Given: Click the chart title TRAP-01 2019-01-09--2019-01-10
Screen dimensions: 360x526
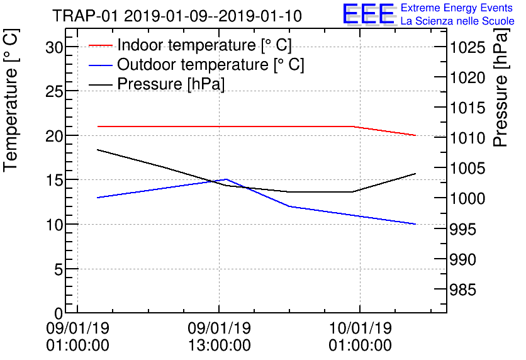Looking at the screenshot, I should (x=177, y=16).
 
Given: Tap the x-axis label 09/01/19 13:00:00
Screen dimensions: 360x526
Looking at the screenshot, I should (x=219, y=337).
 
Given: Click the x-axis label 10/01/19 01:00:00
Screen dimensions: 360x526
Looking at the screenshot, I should (x=360, y=337).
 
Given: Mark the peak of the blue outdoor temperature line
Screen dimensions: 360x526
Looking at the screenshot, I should (x=227, y=179).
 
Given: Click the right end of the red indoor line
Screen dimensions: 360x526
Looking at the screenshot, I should (x=416, y=135).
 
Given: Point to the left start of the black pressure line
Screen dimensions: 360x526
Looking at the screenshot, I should (x=98, y=150).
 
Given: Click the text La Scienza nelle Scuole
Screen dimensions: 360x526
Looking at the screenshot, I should (x=457, y=21).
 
